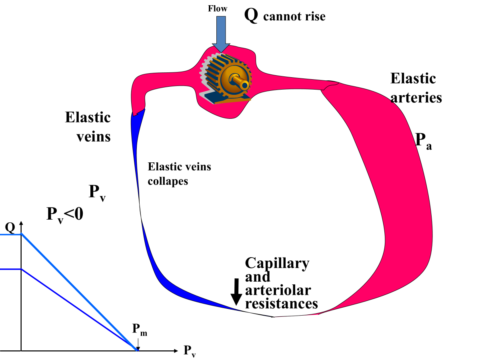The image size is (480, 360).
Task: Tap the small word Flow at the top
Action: coord(218,8)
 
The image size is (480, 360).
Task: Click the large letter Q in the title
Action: coord(251,16)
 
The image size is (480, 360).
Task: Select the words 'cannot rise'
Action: coord(294,17)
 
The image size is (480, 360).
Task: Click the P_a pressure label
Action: coord(423,141)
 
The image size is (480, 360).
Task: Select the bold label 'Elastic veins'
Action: coord(88,127)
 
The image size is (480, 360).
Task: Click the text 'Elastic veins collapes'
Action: coord(179,174)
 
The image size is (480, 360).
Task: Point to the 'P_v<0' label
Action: coord(65,215)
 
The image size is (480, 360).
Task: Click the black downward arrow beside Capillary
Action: coord(236,291)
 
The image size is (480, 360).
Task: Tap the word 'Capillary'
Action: coord(277,263)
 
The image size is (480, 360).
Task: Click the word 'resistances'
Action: coord(281,303)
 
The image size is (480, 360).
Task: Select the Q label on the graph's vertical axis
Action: coord(10,228)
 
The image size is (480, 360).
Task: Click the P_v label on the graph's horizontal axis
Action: coord(190,351)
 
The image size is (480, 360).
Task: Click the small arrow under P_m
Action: coord(138,343)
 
